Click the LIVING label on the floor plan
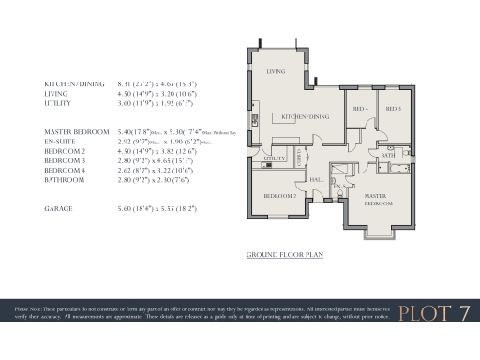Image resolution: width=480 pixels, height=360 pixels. (x=276, y=71)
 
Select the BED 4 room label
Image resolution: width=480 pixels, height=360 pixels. (x=360, y=109)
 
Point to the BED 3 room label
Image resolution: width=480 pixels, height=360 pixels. (x=394, y=109)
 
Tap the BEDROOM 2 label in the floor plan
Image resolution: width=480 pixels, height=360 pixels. (x=279, y=196)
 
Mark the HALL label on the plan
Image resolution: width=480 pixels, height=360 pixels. (x=317, y=179)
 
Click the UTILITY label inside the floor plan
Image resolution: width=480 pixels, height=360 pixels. (x=275, y=158)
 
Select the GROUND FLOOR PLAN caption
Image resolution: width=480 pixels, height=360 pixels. (x=284, y=254)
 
